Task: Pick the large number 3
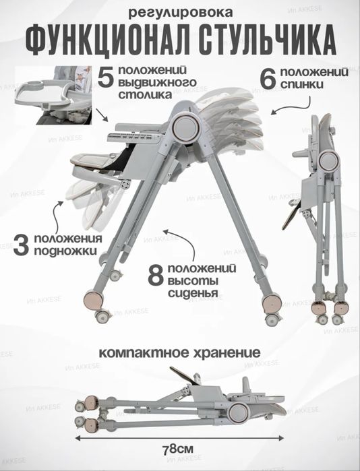(x=21, y=246)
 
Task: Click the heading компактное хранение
(x=179, y=352)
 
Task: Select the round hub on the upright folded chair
(x=328, y=161)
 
